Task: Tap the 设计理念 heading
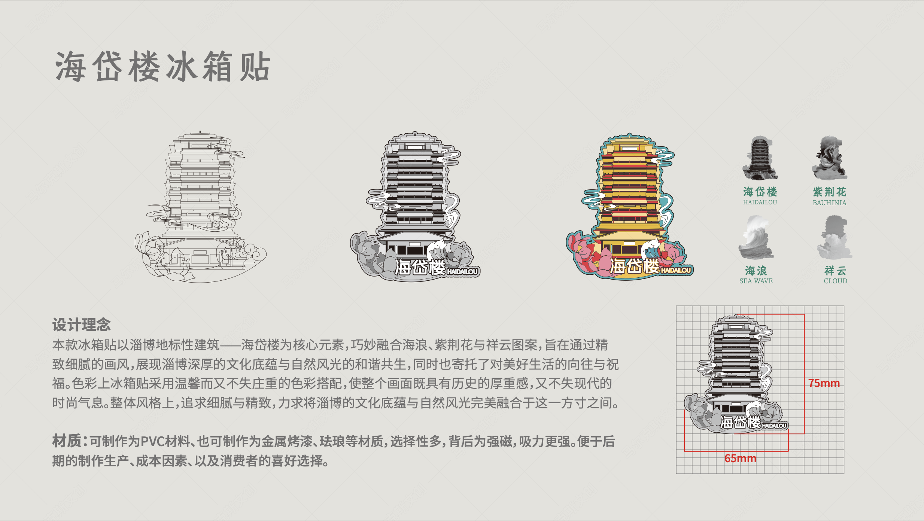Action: [81, 325]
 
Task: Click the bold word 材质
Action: [67, 441]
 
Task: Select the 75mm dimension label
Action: [824, 383]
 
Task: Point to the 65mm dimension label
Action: [740, 458]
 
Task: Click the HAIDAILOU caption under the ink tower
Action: [760, 202]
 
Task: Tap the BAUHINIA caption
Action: [829, 202]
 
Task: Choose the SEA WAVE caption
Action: [756, 281]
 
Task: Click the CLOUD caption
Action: [835, 281]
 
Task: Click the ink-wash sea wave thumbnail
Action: [756, 238]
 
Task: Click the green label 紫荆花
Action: [829, 192]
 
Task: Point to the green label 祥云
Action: [835, 270]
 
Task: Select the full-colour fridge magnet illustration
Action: [629, 206]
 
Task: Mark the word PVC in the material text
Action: [152, 442]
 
